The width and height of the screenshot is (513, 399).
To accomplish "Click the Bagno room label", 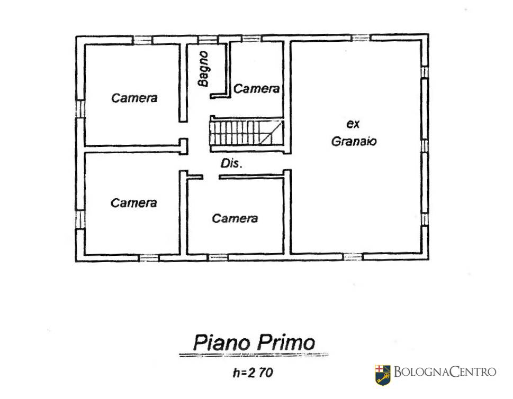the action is pyautogui.click(x=203, y=69).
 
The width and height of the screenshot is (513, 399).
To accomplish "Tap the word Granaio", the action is pyautogui.click(x=354, y=142).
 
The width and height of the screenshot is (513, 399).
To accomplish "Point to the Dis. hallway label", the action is pyautogui.click(x=231, y=163).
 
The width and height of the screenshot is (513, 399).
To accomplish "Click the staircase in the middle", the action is pyautogui.click(x=246, y=133).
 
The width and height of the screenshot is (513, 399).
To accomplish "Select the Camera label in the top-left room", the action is pyautogui.click(x=134, y=98).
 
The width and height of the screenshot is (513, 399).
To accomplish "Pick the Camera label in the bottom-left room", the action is pyautogui.click(x=134, y=203).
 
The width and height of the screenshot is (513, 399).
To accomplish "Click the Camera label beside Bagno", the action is pyautogui.click(x=256, y=88).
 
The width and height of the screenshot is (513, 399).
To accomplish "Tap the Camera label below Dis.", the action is pyautogui.click(x=235, y=218).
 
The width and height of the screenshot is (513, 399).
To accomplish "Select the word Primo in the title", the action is pyautogui.click(x=286, y=342).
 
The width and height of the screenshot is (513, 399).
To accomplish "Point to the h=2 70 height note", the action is pyautogui.click(x=253, y=373).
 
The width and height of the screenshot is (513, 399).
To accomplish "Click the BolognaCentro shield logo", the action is pyautogui.click(x=383, y=375).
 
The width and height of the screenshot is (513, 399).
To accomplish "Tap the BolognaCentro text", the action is pyautogui.click(x=445, y=372).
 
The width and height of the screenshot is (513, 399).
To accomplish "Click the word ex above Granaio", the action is pyautogui.click(x=353, y=124).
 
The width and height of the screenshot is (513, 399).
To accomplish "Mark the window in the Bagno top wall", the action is pyautogui.click(x=208, y=40).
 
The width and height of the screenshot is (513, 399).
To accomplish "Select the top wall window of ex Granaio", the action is pyautogui.click(x=361, y=38).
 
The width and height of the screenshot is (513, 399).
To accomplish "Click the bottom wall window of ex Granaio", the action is pyautogui.click(x=353, y=257).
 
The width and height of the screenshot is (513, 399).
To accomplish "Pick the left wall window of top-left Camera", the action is pyautogui.click(x=80, y=109).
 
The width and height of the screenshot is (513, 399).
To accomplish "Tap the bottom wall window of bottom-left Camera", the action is pyautogui.click(x=149, y=258).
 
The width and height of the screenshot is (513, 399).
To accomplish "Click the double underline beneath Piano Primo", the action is pyautogui.click(x=254, y=355).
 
